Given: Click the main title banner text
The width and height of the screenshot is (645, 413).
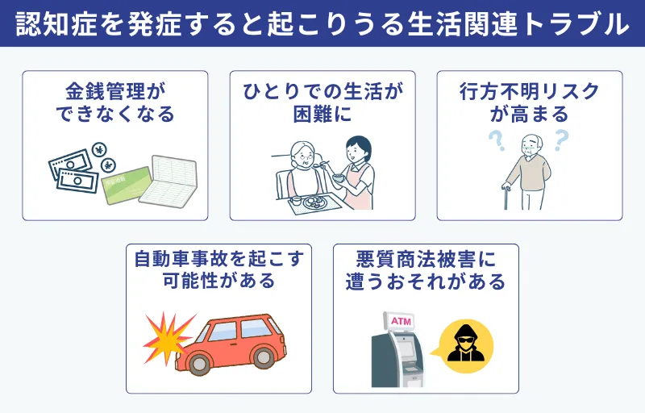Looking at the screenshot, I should click(x=322, y=23).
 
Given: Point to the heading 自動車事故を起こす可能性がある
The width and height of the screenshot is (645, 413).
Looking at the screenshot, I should click(x=218, y=270).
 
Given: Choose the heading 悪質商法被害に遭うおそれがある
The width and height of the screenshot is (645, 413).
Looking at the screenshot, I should click(x=426, y=270).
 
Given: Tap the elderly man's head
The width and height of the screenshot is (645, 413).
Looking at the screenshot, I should click(x=527, y=146).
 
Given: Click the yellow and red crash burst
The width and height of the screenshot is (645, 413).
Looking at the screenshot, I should click(x=167, y=336).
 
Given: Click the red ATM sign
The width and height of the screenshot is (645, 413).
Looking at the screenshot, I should click(x=401, y=322).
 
